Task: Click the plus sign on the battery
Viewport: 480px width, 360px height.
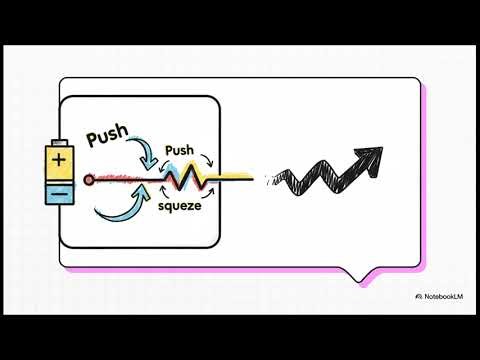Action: pyautogui.click(x=60, y=160)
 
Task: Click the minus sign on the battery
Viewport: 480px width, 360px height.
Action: pyautogui.click(x=60, y=189)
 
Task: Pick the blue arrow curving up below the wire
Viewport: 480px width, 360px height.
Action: pyautogui.click(x=118, y=204)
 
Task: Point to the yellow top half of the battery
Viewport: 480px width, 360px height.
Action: pyautogui.click(x=60, y=160)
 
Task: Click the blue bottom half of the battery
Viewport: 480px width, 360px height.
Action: pyautogui.click(x=60, y=190)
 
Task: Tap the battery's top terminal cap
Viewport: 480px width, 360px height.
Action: pyautogui.click(x=60, y=141)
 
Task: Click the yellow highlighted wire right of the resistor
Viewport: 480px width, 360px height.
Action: pyautogui.click(x=235, y=178)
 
